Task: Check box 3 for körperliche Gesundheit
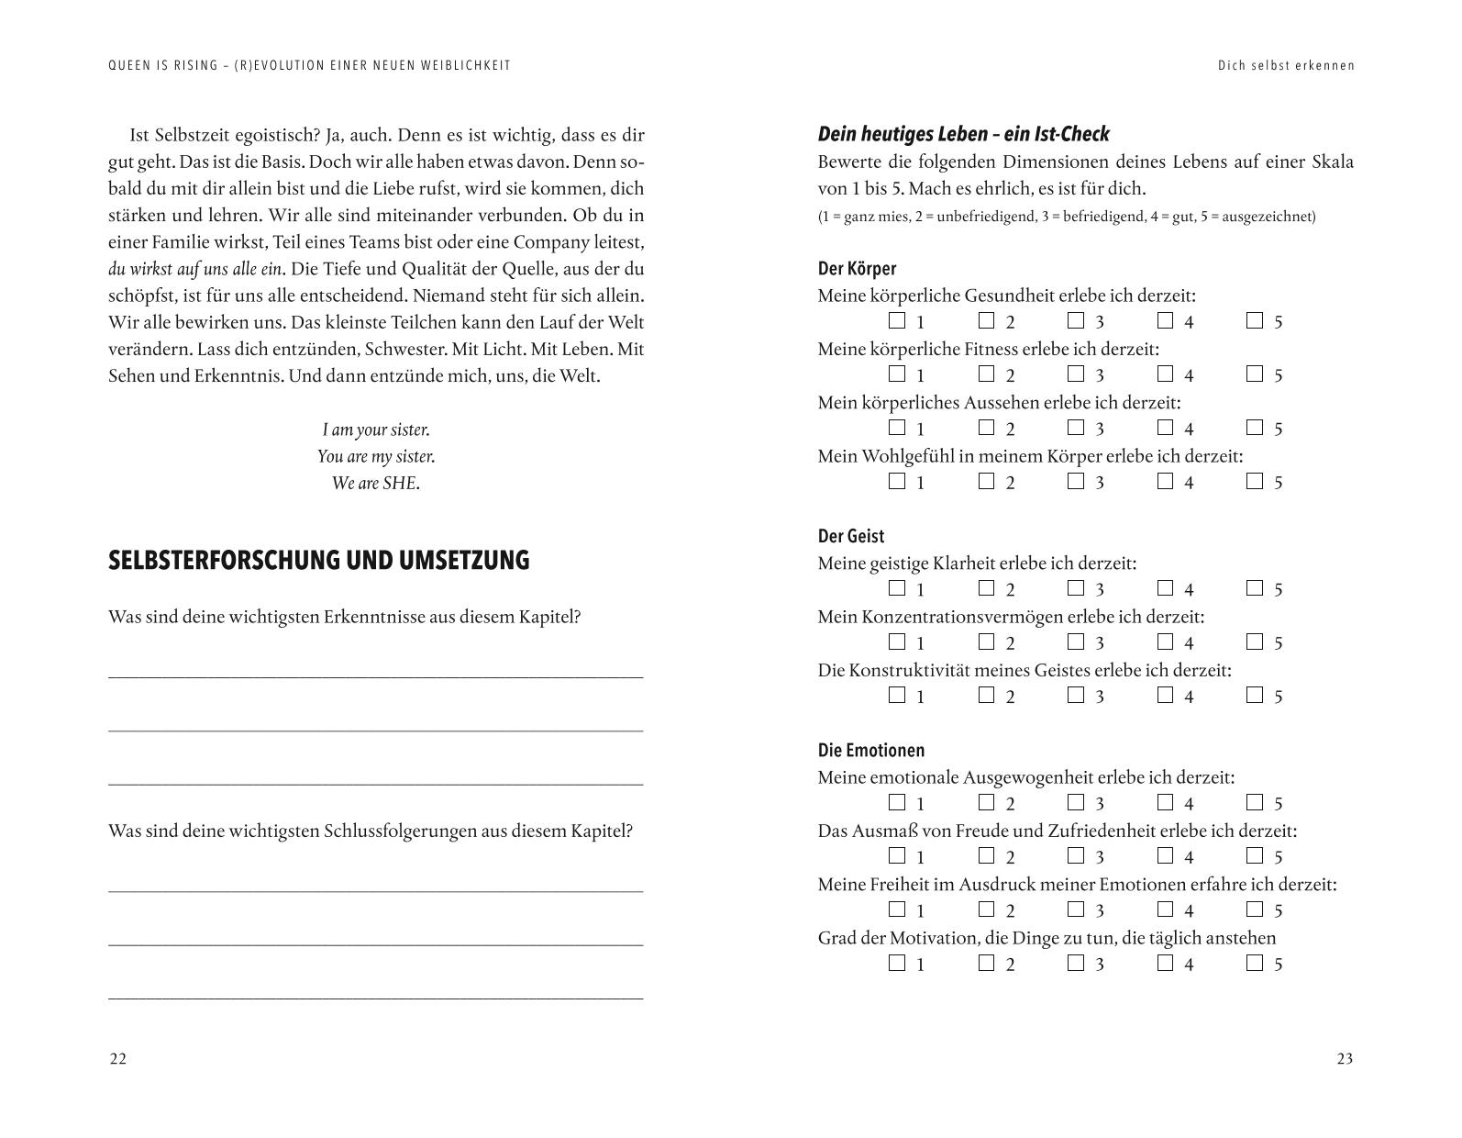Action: (1076, 320)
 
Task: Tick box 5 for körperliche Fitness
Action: (1255, 374)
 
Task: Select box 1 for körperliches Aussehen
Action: (897, 428)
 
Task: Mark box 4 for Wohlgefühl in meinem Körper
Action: (1165, 481)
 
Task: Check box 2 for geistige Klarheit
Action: (986, 588)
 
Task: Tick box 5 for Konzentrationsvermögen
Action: (1255, 642)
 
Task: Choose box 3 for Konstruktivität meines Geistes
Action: (1076, 695)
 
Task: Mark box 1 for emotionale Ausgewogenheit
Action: (897, 802)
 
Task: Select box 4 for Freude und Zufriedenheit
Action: (1165, 855)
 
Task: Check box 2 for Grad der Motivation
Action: (986, 963)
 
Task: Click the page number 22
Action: (118, 1059)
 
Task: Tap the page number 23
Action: (1345, 1059)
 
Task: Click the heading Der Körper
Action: (857, 269)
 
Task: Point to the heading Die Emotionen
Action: (871, 751)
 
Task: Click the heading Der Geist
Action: (851, 536)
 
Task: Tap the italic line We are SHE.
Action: (376, 483)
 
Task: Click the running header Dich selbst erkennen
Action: (1286, 65)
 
